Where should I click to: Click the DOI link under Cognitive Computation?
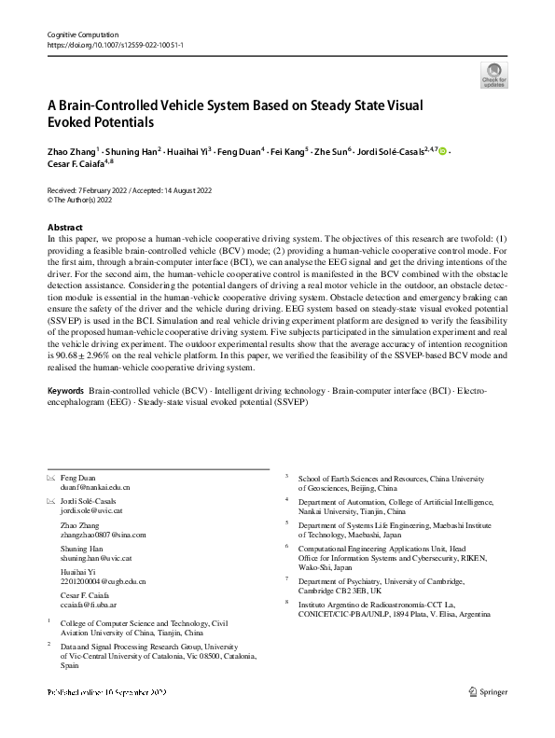[x=115, y=45]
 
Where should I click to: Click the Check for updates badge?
[x=494, y=75]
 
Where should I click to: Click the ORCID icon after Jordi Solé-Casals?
[x=442, y=149]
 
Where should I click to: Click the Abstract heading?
[x=65, y=228]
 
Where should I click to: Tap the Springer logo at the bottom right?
[x=489, y=718]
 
